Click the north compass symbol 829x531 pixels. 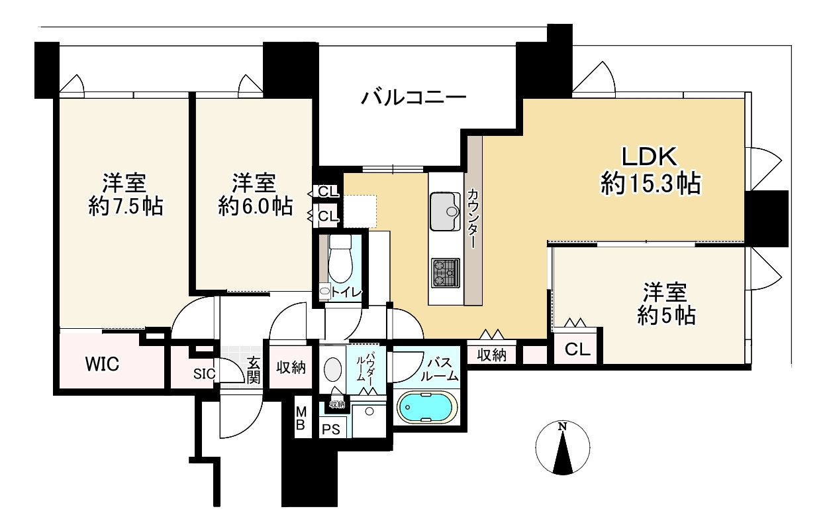click(563, 447)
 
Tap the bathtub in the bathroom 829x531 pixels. click(426, 406)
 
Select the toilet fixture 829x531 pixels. click(340, 259)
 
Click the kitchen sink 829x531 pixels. click(445, 211)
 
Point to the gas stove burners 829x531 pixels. click(445, 272)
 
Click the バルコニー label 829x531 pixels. click(413, 98)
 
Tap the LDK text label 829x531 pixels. click(650, 156)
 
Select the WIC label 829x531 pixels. click(102, 364)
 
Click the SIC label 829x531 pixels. click(205, 374)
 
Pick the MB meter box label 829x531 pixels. click(301, 418)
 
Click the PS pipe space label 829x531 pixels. click(331, 429)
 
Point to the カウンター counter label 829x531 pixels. click(473, 218)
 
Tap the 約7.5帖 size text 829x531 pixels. click(126, 206)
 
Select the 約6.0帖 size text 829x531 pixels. click(256, 206)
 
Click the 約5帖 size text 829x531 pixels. click(666, 316)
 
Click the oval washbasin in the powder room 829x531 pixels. click(332, 369)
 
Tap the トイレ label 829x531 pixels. click(346, 292)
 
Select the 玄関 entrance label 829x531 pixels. click(254, 370)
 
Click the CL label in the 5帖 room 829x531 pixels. click(577, 349)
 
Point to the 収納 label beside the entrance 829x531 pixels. click(291, 367)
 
